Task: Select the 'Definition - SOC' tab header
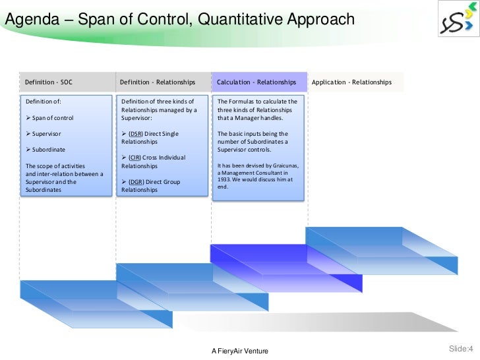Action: [49, 82]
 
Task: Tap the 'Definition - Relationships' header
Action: [158, 82]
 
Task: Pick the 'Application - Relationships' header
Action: [351, 82]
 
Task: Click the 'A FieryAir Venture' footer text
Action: [241, 350]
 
